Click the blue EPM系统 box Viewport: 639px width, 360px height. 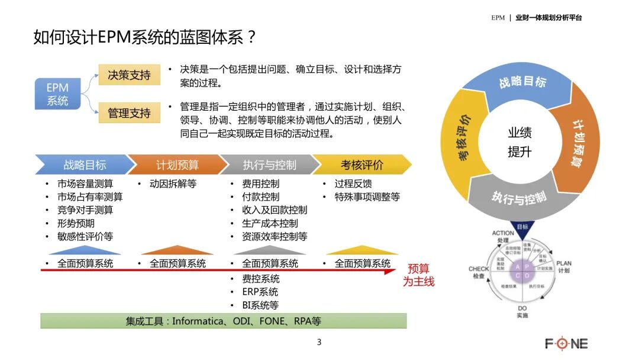pos(57,94)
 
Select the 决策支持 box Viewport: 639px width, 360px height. pos(129,75)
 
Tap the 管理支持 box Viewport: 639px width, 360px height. pos(129,112)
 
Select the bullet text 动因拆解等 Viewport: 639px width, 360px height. pos(172,184)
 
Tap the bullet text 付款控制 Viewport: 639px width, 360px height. pos(260,197)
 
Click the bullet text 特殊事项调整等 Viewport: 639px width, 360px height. pos(367,197)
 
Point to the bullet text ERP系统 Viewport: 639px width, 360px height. pos(260,292)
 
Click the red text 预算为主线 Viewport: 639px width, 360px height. pos(419,275)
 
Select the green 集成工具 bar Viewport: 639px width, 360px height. pos(224,321)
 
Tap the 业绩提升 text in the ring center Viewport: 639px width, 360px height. pos(519,142)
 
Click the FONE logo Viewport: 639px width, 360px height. pos(566,343)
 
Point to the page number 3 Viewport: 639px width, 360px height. pos(319,342)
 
